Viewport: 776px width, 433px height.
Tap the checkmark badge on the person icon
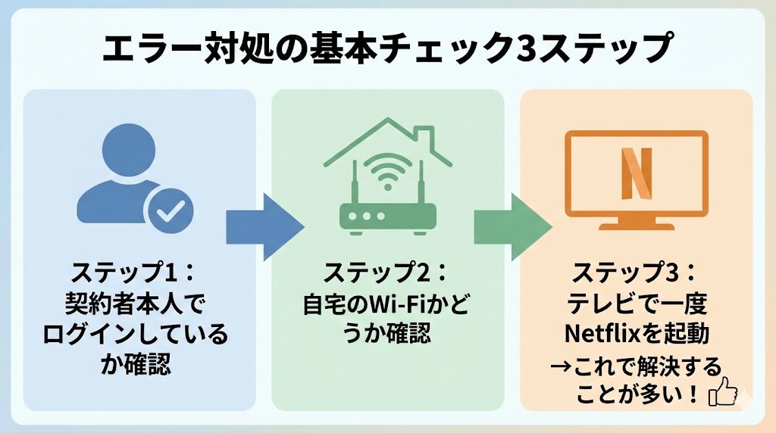(170, 210)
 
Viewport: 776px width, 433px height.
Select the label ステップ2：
(387, 272)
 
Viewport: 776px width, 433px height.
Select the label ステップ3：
(637, 272)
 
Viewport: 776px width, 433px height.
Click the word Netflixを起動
(636, 333)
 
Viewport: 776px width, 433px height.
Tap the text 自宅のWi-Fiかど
(387, 303)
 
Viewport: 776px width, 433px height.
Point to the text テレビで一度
(637, 303)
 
